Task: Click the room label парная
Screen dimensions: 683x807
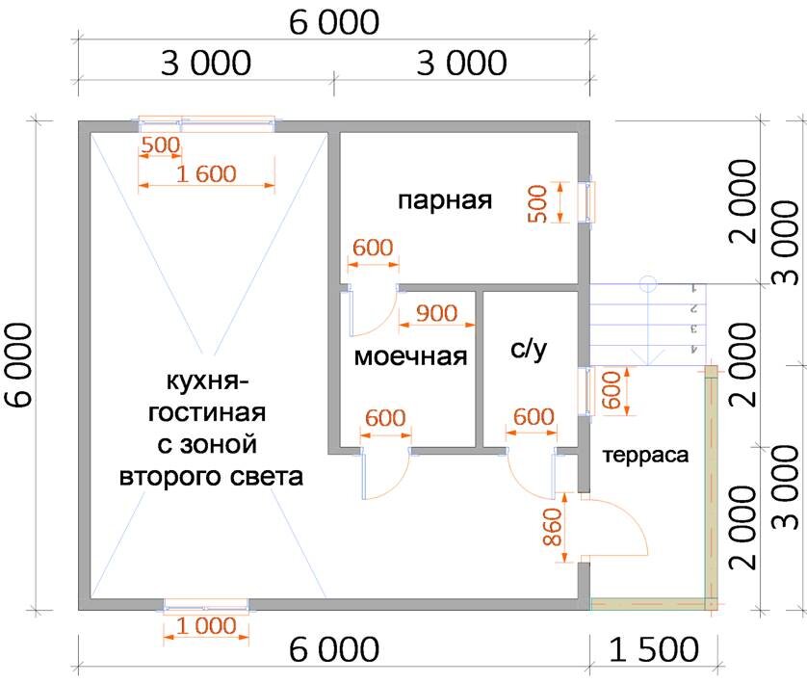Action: pos(444,201)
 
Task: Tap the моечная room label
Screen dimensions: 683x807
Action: pos(410,356)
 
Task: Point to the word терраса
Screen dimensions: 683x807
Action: pos(646,456)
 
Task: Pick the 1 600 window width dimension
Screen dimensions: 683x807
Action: pos(207,174)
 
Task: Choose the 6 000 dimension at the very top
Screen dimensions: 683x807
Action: pos(334,22)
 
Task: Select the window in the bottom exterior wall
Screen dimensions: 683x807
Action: pos(206,605)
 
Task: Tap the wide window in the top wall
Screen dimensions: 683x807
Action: pos(207,123)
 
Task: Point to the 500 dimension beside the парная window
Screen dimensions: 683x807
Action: pos(537,203)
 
